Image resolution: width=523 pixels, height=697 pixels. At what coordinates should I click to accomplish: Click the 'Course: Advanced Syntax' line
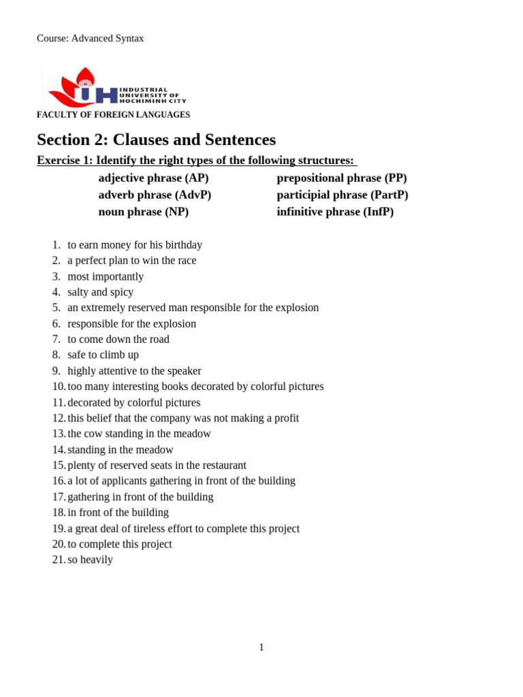pos(90,38)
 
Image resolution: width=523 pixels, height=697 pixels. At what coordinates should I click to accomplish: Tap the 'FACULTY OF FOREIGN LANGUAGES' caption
pos(113,115)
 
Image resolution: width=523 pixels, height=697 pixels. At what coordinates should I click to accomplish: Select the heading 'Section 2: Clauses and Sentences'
pos(156,140)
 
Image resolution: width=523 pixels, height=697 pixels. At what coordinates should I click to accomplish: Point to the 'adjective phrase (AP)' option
pos(153,178)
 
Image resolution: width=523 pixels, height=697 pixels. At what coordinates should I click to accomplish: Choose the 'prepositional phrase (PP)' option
pos(341,178)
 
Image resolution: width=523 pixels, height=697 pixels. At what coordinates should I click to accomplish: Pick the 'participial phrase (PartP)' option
pos(342,195)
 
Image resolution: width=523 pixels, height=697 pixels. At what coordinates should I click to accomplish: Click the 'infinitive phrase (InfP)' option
pos(334,212)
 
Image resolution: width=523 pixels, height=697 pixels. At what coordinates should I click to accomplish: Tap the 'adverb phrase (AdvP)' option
pos(155,195)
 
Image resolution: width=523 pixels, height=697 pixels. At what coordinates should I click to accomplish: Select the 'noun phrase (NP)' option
pos(143,212)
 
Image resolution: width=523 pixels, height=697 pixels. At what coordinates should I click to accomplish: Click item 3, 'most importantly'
pos(106,276)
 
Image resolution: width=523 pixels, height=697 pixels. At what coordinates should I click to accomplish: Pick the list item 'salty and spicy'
pos(100,292)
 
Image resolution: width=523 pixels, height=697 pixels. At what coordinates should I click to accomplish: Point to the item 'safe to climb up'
pos(103,355)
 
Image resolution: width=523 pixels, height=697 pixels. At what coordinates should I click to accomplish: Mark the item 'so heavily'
pos(90,560)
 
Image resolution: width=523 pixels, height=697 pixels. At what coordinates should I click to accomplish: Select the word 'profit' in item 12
pos(286,418)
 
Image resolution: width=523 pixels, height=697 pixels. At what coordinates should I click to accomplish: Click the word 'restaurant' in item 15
pos(222,466)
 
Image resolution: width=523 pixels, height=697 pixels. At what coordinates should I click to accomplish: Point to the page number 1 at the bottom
pos(261,647)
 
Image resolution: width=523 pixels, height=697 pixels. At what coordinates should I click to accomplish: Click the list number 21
pos(58,560)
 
